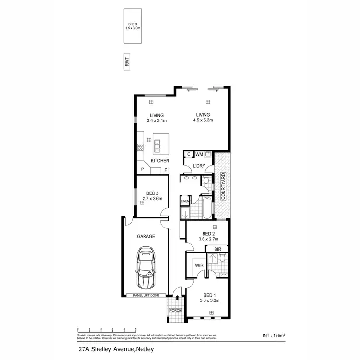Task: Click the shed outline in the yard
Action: (132, 26)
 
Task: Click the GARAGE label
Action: (146, 237)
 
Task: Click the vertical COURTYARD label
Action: (223, 186)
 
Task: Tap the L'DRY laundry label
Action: (199, 166)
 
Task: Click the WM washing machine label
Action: (199, 154)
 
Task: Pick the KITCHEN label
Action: (160, 160)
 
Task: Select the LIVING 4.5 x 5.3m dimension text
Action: (204, 120)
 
